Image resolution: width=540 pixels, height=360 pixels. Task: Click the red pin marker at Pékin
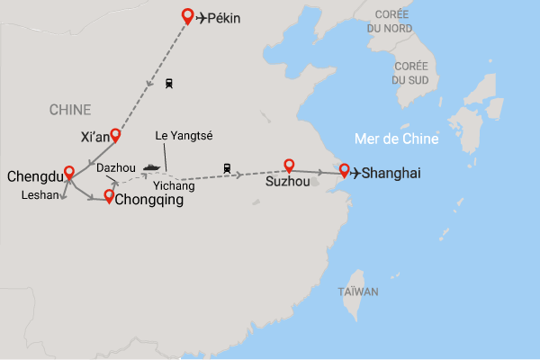pyautogui.click(x=187, y=15)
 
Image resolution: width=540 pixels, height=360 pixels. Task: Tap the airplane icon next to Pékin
pyautogui.click(x=204, y=17)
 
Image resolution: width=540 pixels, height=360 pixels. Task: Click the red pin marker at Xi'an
pyautogui.click(x=115, y=135)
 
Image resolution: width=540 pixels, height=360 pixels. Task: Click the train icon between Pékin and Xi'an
pyautogui.click(x=168, y=84)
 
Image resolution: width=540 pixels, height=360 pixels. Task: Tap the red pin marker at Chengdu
pyautogui.click(x=69, y=172)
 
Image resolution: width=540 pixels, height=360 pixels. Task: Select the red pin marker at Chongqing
pyautogui.click(x=109, y=196)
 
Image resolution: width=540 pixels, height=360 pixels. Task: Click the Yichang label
pyautogui.click(x=174, y=186)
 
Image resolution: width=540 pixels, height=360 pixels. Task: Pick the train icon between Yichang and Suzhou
pyautogui.click(x=228, y=167)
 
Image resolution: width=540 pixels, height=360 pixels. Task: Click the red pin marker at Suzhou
pyautogui.click(x=289, y=166)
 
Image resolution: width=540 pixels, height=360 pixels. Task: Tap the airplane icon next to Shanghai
pyautogui.click(x=356, y=173)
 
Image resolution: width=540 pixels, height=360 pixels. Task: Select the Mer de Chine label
pyautogui.click(x=395, y=139)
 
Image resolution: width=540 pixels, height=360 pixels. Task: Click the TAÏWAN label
pyautogui.click(x=358, y=292)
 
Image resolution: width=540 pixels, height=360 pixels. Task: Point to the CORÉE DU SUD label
pyautogui.click(x=409, y=73)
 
